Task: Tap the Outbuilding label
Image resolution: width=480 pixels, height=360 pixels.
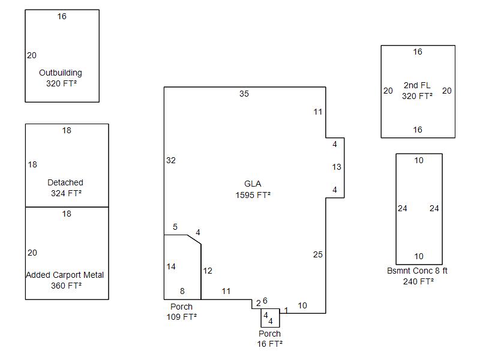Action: pyautogui.click(x=61, y=78)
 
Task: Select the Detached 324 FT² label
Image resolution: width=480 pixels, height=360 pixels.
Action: pyautogui.click(x=65, y=188)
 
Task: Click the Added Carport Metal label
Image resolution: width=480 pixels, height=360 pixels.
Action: pyautogui.click(x=65, y=280)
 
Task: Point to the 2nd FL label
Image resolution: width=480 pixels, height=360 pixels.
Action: pyautogui.click(x=418, y=91)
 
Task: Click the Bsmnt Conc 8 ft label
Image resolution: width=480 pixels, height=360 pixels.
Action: pyautogui.click(x=418, y=276)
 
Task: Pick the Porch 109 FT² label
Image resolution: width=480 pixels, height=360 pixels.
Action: pyautogui.click(x=182, y=311)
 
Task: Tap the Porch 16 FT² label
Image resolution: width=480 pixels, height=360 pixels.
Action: pyautogui.click(x=269, y=338)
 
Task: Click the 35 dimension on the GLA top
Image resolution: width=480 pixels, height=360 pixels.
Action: pyautogui.click(x=244, y=94)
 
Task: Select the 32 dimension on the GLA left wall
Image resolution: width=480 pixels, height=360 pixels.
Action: pyautogui.click(x=171, y=160)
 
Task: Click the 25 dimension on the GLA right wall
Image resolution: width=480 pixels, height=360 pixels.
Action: pyautogui.click(x=318, y=254)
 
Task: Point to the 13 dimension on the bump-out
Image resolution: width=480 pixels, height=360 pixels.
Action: pyautogui.click(x=337, y=167)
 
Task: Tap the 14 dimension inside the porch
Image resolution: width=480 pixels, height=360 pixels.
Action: pyautogui.click(x=171, y=266)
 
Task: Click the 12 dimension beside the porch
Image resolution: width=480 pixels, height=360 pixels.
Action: pyautogui.click(x=208, y=271)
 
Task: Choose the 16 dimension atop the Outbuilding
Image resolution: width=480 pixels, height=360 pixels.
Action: pyautogui.click(x=62, y=16)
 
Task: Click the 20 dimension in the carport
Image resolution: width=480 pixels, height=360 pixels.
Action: pyautogui.click(x=32, y=253)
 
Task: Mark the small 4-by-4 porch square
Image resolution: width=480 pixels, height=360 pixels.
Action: pyautogui.click(x=270, y=318)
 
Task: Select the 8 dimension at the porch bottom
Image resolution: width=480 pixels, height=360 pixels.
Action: pyautogui.click(x=182, y=291)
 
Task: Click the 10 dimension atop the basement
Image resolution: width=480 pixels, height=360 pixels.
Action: pyautogui.click(x=419, y=160)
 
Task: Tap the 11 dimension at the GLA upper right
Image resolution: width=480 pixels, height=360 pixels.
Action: pyautogui.click(x=318, y=112)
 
